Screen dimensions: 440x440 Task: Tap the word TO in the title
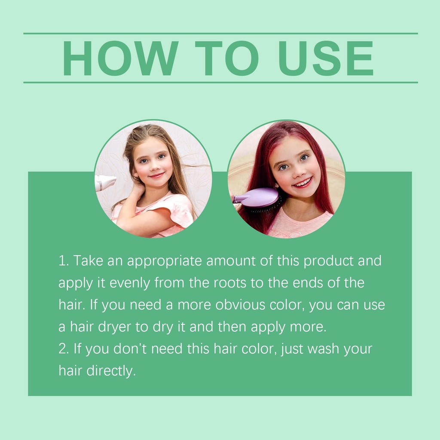(227, 58)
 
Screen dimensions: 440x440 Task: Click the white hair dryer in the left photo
(105, 183)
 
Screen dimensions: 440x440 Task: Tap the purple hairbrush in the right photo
(257, 199)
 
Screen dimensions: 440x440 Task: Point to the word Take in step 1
(88, 261)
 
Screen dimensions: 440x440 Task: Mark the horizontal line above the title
(220, 34)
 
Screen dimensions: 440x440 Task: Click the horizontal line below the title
(220, 82)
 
